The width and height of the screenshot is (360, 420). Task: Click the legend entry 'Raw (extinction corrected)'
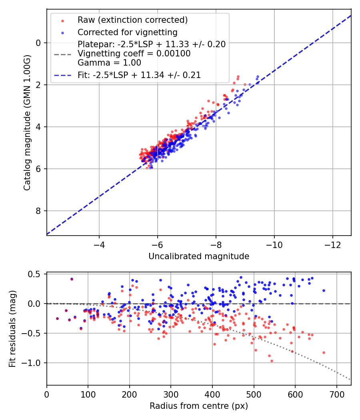click(132, 20)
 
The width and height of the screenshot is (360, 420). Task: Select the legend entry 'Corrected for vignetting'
click(127, 32)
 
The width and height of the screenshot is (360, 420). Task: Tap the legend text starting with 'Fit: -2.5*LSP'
click(139, 75)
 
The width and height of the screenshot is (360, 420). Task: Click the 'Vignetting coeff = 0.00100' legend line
click(134, 54)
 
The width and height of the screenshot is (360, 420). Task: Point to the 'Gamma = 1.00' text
click(109, 62)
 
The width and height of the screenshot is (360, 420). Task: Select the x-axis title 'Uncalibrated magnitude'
click(199, 256)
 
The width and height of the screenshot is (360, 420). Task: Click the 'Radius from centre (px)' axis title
click(199, 406)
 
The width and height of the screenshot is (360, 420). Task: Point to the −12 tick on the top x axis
click(333, 244)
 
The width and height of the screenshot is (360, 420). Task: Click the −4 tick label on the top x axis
click(99, 244)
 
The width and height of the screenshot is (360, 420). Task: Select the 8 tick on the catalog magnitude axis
click(38, 211)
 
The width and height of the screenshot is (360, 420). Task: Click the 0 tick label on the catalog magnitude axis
click(38, 43)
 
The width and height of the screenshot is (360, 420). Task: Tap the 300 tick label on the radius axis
click(171, 394)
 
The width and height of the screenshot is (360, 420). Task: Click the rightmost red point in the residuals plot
click(324, 352)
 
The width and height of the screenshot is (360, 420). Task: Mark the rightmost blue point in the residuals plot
click(324, 290)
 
